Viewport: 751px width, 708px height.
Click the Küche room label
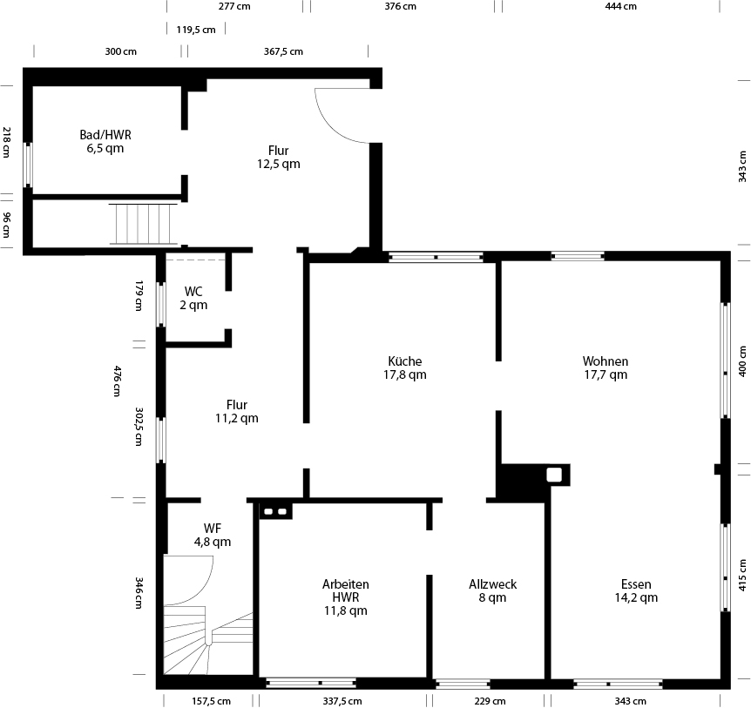coord(405,367)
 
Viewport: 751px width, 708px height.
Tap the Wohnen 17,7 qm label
coord(606,367)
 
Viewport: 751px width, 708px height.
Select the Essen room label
coord(636,590)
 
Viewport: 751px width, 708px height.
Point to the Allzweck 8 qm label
coord(493,590)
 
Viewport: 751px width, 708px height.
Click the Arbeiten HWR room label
coord(345,597)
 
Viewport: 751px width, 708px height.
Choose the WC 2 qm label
coord(193,298)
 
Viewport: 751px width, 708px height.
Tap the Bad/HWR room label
coord(105,141)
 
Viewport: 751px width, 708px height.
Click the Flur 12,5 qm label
coord(278,157)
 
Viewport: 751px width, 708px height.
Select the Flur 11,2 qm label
coord(237,411)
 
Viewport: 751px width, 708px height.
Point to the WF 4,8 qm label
coord(213,535)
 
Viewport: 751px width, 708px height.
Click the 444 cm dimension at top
coord(620,6)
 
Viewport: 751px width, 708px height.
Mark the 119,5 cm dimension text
coord(196,30)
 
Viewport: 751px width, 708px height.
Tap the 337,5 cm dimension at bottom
coord(342,701)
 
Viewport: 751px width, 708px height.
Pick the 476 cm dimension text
coord(117,381)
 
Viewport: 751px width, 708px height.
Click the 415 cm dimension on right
coord(743,575)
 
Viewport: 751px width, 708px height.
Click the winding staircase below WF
coord(208,640)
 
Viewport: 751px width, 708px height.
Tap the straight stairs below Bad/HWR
coord(143,224)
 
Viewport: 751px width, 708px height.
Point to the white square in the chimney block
coord(554,475)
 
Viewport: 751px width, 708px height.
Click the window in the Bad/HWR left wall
coord(28,165)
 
